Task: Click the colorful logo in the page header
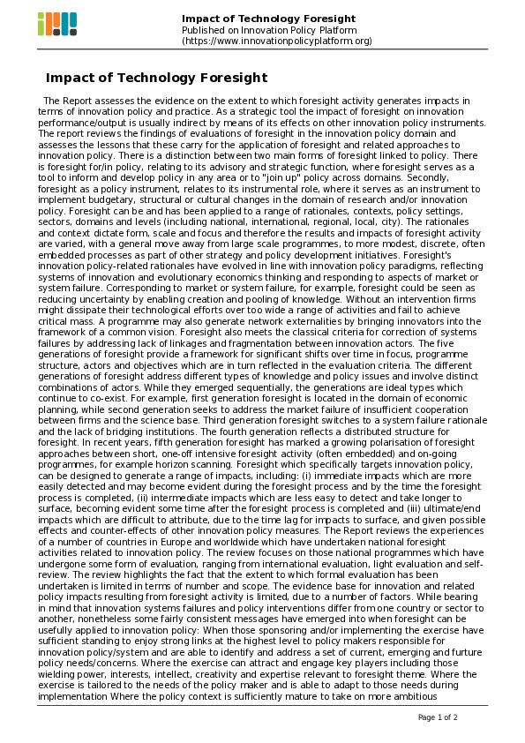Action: (x=57, y=24)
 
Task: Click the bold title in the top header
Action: (x=268, y=19)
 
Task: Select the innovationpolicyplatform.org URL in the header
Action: (x=277, y=41)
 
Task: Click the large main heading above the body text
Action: (x=156, y=78)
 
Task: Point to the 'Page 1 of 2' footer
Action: (x=438, y=717)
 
